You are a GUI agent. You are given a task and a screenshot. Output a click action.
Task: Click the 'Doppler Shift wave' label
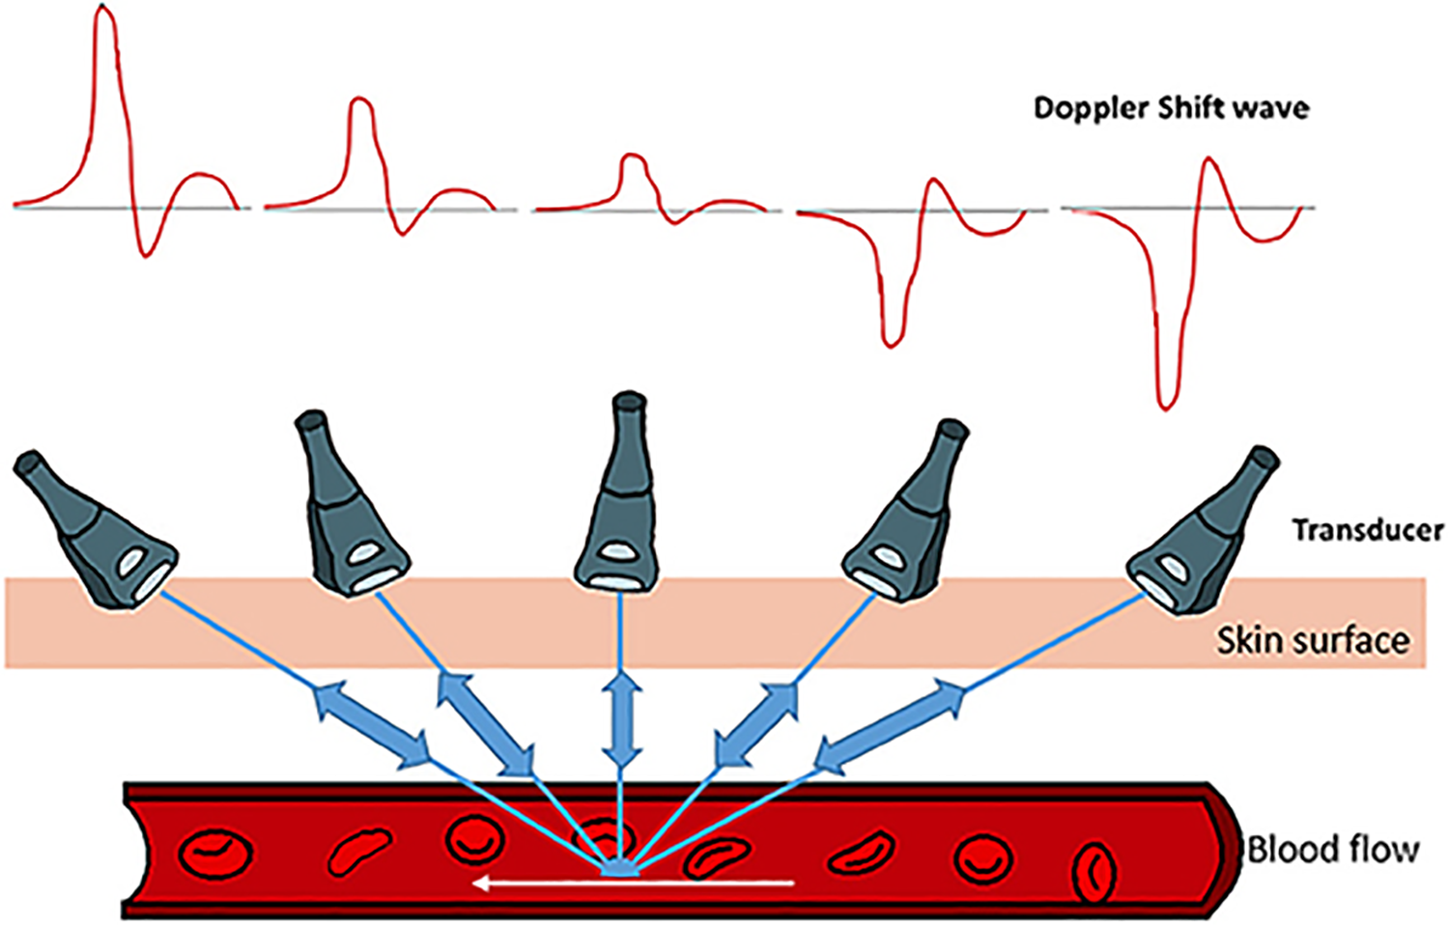pos(1171,107)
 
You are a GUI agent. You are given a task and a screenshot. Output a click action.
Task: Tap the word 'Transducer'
pos(1367,530)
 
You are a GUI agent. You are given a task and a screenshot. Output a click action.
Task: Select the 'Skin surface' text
pos(1312,641)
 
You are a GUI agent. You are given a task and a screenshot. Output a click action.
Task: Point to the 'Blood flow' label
pos(1333,850)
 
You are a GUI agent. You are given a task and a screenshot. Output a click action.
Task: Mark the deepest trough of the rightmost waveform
pos(1167,404)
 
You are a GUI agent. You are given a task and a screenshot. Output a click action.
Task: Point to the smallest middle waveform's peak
pos(632,156)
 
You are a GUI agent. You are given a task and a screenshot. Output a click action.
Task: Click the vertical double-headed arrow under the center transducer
pos(620,720)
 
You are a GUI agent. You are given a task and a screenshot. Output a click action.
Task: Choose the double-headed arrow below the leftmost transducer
pos(372,724)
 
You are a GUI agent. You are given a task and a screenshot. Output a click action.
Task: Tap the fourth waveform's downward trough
pos(892,341)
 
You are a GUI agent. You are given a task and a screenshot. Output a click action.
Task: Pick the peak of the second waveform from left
pos(360,99)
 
